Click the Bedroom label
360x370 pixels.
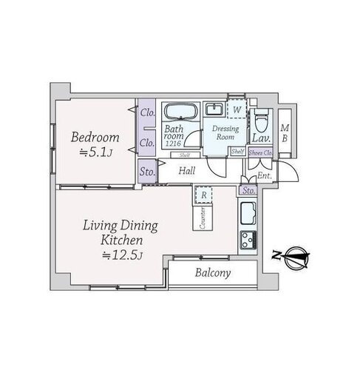pyautogui.click(x=95, y=138)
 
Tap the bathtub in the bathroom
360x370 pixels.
pyautogui.click(x=181, y=112)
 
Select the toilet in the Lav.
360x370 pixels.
pyautogui.click(x=261, y=121)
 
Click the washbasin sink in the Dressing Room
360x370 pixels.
pyautogui.click(x=214, y=110)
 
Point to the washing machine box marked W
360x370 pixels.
pyautogui.click(x=237, y=110)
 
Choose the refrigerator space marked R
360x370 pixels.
pyautogui.click(x=203, y=195)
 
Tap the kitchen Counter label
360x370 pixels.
pyautogui.click(x=203, y=218)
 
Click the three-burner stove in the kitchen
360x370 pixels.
pyautogui.click(x=248, y=240)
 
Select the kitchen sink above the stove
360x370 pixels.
pyautogui.click(x=248, y=213)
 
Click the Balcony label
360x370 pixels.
pyautogui.click(x=213, y=273)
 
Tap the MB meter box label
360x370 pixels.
pyautogui.click(x=285, y=133)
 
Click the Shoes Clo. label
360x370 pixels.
pyautogui.click(x=260, y=152)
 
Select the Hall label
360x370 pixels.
pyautogui.click(x=187, y=171)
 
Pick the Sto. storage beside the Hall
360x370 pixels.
pyautogui.click(x=147, y=171)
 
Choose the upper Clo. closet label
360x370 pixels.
pyautogui.click(x=147, y=112)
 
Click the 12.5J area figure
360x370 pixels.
pyautogui.click(x=123, y=255)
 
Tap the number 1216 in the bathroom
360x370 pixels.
pyautogui.click(x=173, y=143)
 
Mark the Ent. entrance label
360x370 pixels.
pyautogui.click(x=265, y=175)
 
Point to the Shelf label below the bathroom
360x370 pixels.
pyautogui.click(x=185, y=155)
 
